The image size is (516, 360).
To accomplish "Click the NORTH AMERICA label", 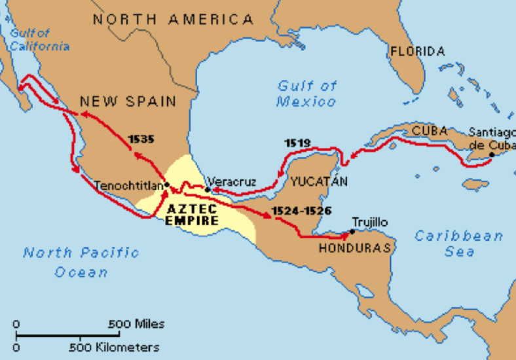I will coord(173,20).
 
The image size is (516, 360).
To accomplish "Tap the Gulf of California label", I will coord(39,39).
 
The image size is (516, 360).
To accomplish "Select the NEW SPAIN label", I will coord(128,101).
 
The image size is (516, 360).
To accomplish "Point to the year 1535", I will coord(141,139).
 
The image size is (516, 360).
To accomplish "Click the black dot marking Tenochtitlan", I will coord(168,185).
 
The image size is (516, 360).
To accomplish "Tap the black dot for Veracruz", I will coord(208,190).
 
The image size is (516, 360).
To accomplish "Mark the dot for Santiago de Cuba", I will coord(492,155).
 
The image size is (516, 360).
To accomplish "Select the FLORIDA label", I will coord(417,51).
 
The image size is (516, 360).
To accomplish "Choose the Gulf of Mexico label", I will coord(306,94).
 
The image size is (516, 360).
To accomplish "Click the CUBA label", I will coord(430,130).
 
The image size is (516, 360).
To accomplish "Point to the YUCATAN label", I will coord(319,181).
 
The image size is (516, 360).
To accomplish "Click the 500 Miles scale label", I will coord(137,324).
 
